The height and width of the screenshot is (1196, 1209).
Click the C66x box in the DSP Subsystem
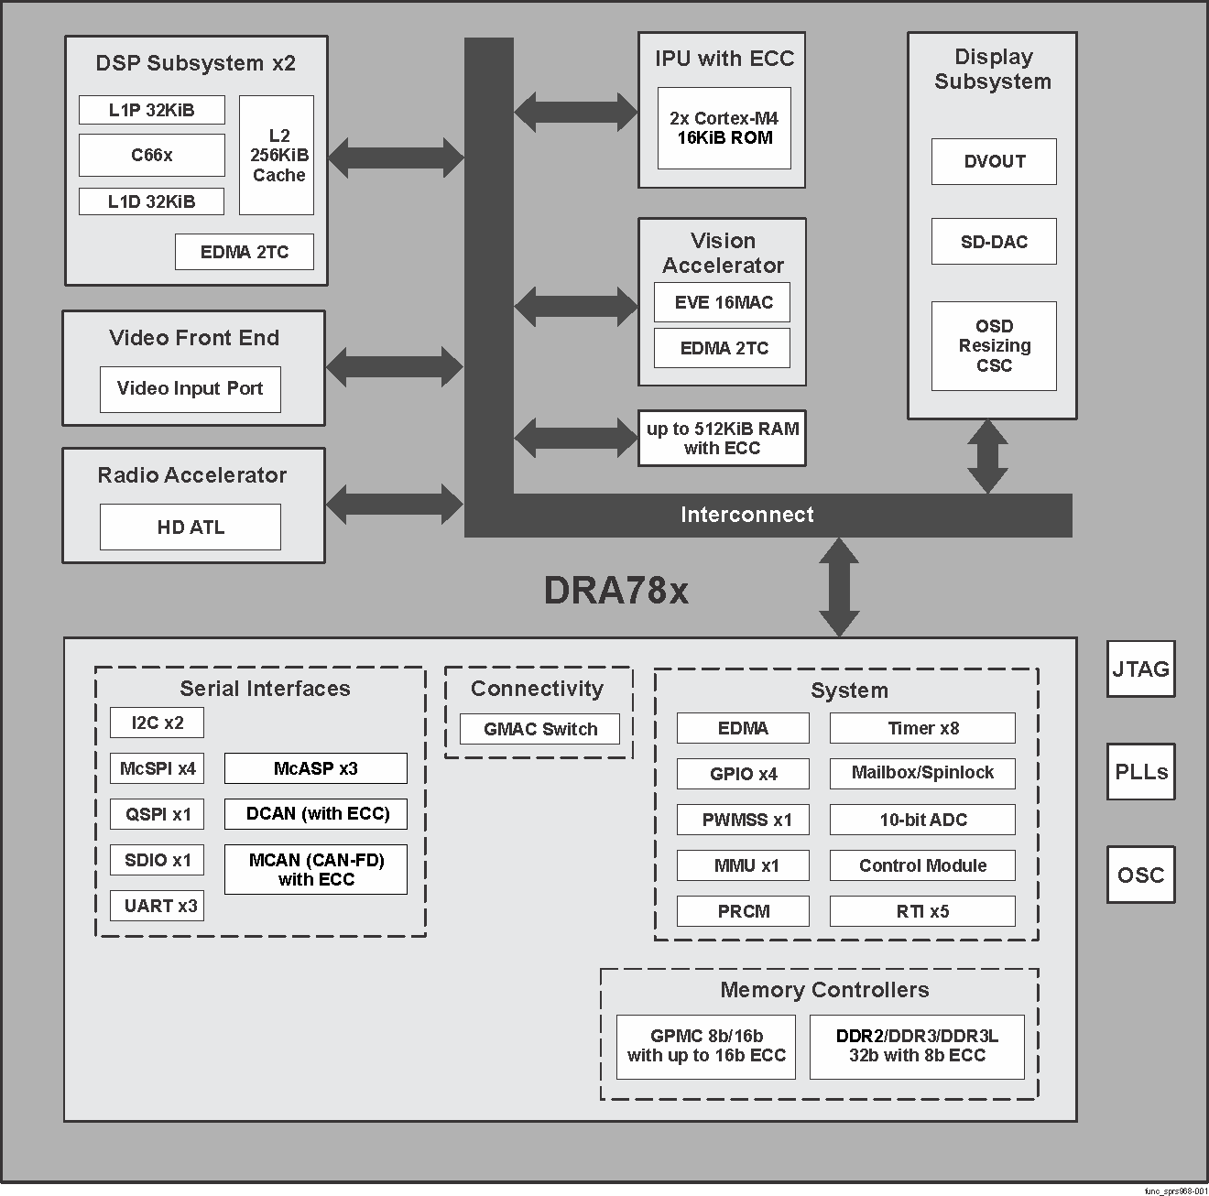pyautogui.click(x=151, y=155)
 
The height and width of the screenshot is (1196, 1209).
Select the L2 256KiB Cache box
pyautogui.click(x=277, y=156)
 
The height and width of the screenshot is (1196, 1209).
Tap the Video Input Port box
pyautogui.click(x=190, y=389)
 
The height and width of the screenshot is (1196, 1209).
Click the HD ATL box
pyautogui.click(x=190, y=527)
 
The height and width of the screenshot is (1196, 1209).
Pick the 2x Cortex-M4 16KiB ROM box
pyautogui.click(x=724, y=128)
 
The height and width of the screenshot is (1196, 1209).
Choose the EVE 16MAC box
pyautogui.click(x=722, y=303)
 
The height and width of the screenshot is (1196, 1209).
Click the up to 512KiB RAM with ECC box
pyautogui.click(x=722, y=439)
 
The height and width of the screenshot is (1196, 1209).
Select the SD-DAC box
pyautogui.click(x=994, y=242)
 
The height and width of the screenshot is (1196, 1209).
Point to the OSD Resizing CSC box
pyautogui.click(x=994, y=346)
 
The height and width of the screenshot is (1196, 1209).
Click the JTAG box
pyautogui.click(x=1140, y=669)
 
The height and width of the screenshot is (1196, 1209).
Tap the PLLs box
pyautogui.click(x=1140, y=772)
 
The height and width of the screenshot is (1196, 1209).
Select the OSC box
pyautogui.click(x=1140, y=875)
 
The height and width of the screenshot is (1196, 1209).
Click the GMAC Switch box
pyautogui.click(x=539, y=730)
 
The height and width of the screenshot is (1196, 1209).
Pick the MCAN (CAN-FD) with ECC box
pyautogui.click(x=316, y=870)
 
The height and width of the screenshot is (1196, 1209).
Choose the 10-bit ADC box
pyautogui.click(x=922, y=820)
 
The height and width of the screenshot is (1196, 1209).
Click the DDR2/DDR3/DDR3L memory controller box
pyautogui.click(x=917, y=1047)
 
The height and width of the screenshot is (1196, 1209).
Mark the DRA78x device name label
pyautogui.click(x=615, y=592)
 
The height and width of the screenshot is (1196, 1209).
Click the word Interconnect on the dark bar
pyautogui.click(x=746, y=515)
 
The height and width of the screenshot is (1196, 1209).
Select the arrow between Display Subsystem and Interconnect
pyautogui.click(x=987, y=456)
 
